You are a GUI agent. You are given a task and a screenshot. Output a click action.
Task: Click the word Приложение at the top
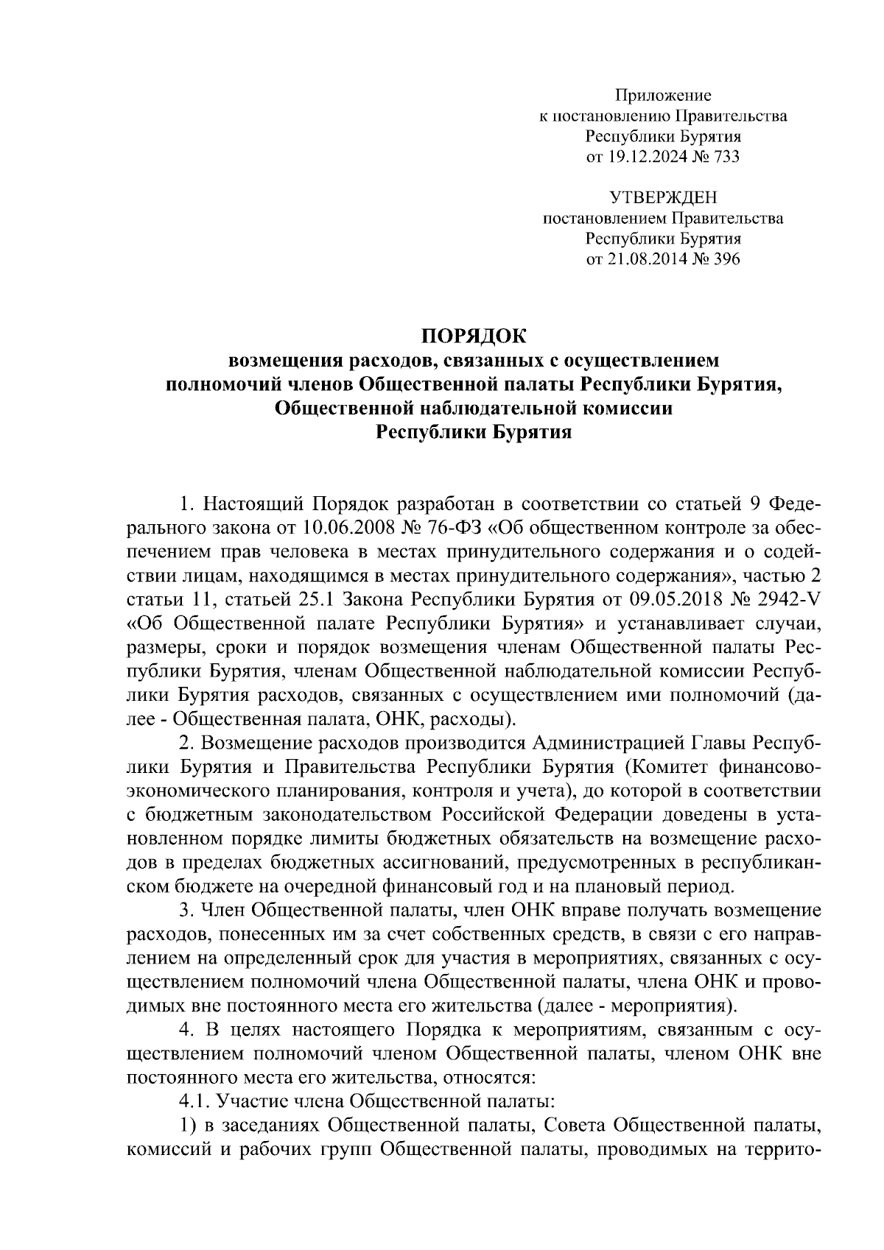(x=663, y=95)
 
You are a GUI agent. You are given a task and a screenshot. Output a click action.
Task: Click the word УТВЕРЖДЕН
(x=663, y=197)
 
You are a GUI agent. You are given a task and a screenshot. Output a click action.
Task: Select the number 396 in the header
(x=726, y=259)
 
